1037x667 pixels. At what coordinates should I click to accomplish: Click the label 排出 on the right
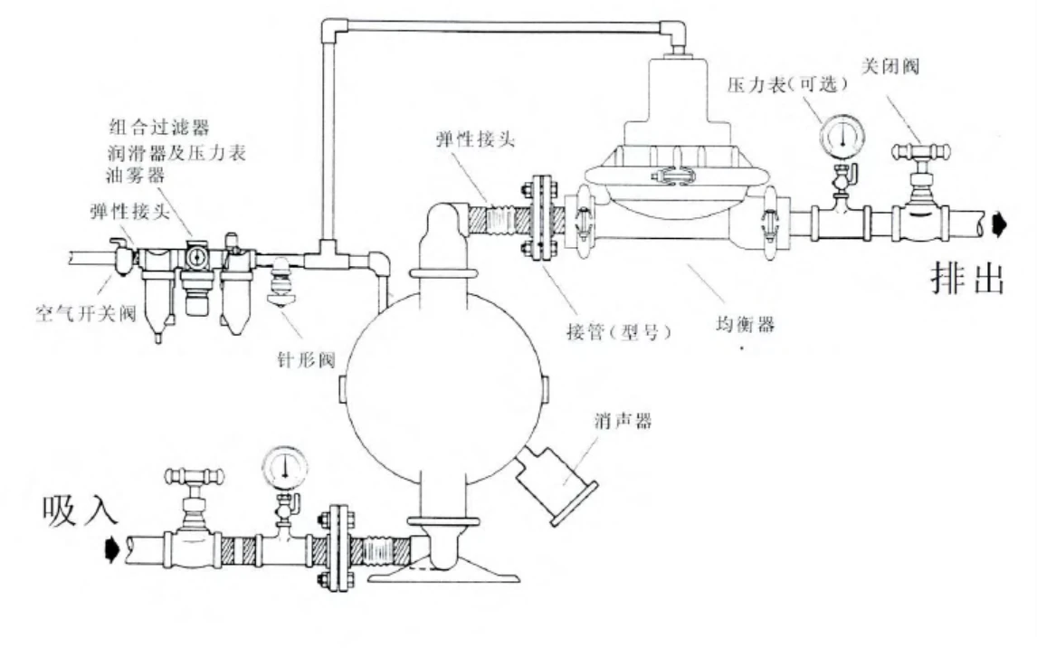click(x=967, y=279)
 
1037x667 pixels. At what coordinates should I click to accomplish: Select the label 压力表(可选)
click(x=786, y=84)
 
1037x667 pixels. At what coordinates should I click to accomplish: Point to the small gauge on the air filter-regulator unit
click(x=196, y=257)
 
